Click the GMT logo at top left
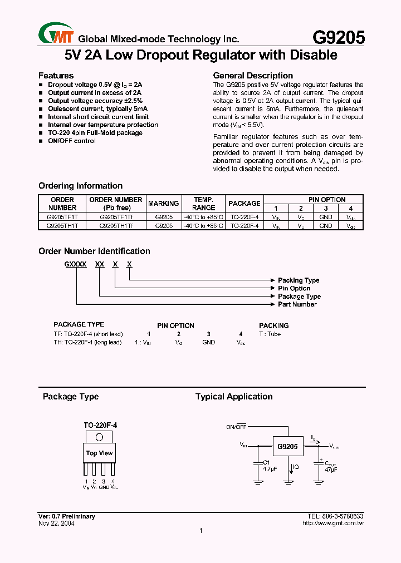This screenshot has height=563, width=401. coord(56,33)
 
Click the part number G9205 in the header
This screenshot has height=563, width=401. coord(339,37)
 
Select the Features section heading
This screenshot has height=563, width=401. coord(56,76)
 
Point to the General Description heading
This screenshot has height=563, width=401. coord(253,76)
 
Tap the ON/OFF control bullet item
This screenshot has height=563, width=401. coord(71,141)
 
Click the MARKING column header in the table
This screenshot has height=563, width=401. coord(163,204)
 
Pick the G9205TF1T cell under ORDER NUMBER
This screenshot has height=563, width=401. coord(62,218)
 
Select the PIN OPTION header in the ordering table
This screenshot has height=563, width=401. coord(327,199)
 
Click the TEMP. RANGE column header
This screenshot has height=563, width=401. coord(203,204)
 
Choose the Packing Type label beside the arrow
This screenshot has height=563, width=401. coord(299,280)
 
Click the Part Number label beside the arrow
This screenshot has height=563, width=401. coord(297,304)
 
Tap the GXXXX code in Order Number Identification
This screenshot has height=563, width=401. coord(75,265)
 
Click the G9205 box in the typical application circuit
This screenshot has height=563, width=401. coord(287,446)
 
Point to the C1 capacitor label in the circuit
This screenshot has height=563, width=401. coord(266,462)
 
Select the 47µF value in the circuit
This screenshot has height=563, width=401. coord(330,470)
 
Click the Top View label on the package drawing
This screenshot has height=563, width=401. coord(99,453)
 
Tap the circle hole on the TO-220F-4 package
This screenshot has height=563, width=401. coord(99,437)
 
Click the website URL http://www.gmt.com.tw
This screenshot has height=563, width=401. coord(332,523)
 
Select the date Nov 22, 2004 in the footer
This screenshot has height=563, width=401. coord(56,523)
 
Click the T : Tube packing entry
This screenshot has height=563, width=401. coord(270,334)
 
